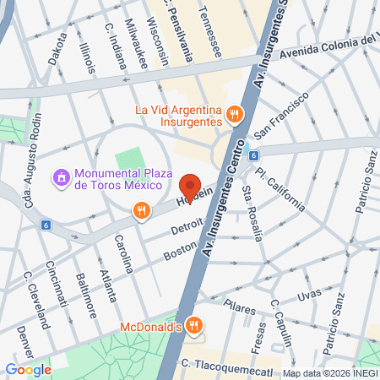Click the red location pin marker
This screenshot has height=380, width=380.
[189, 187]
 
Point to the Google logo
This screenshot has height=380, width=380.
[28, 368]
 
